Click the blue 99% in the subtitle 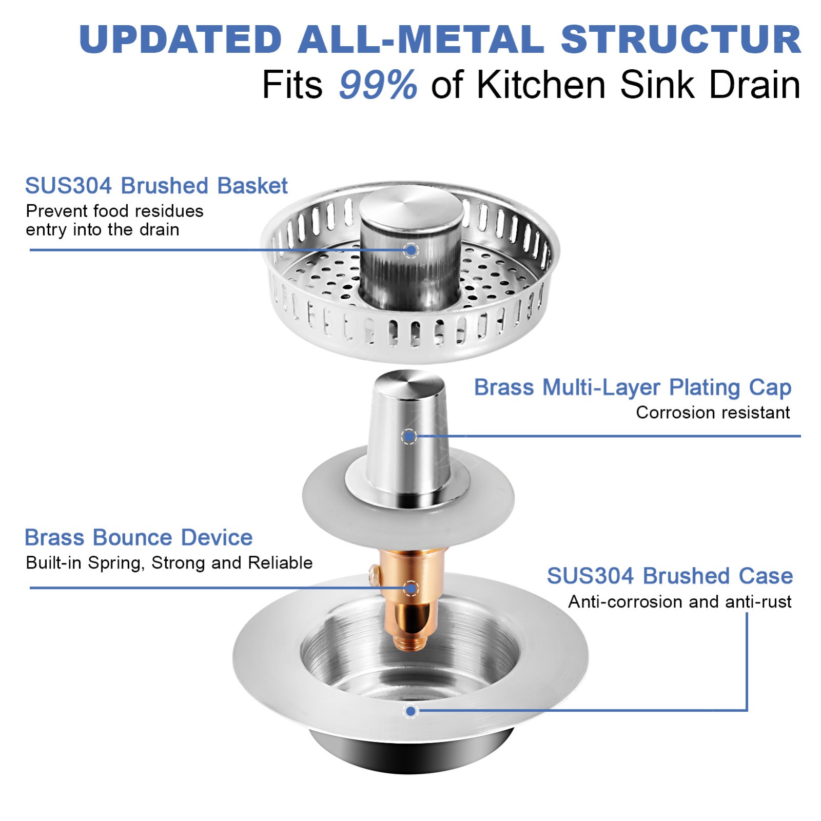pos(378,85)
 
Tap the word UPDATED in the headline pos(181,40)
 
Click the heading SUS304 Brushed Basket pos(156,186)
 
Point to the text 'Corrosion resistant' pos(713,413)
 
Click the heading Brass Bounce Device pos(139,538)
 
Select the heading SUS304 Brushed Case pos(670,576)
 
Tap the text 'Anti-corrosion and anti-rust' pos(679,601)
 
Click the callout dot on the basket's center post pos(411,250)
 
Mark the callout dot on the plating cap pos(409,437)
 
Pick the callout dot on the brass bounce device pos(411,588)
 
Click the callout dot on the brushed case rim pos(411,711)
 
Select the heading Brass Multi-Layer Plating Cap pos(632,387)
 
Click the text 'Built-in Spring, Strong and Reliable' pos(169,563)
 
